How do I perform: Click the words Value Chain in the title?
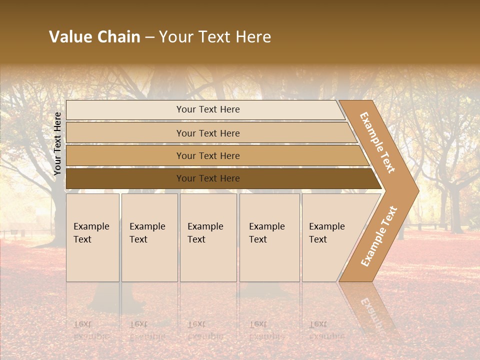(x=94, y=37)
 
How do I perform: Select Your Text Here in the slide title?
(x=215, y=37)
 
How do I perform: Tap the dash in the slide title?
(x=149, y=37)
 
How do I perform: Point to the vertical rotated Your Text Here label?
(x=57, y=144)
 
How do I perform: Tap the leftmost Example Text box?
(x=92, y=237)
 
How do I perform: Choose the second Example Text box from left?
(x=149, y=237)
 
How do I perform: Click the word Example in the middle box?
(x=205, y=226)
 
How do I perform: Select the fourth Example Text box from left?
(x=269, y=237)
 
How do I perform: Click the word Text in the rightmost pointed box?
(x=318, y=239)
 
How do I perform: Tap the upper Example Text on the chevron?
(x=377, y=142)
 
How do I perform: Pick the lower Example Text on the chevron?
(x=379, y=236)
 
